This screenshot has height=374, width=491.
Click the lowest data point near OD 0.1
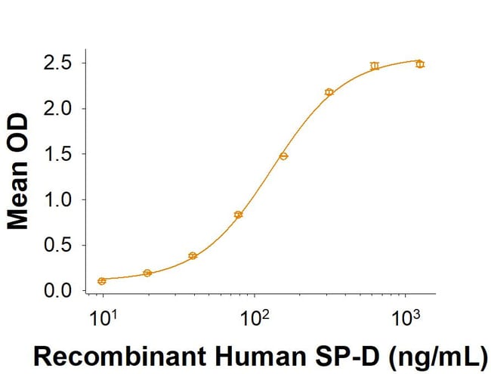tap(102, 281)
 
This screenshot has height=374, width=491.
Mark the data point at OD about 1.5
tap(283, 156)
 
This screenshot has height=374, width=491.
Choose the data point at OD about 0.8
tap(238, 215)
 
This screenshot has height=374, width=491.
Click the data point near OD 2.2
tap(329, 92)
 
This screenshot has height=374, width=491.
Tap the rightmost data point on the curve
tap(420, 64)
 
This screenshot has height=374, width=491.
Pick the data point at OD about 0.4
tap(193, 256)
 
